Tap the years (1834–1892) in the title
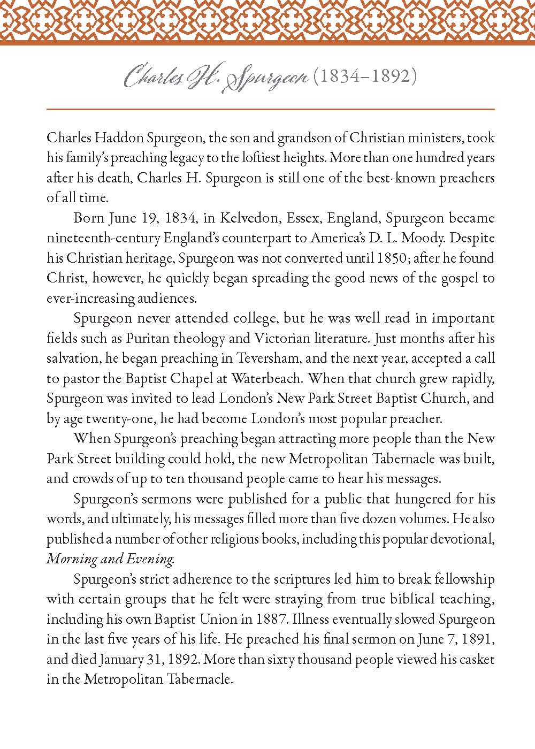pos(365,77)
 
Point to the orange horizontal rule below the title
pos(270,109)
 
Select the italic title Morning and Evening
pos(110,559)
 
